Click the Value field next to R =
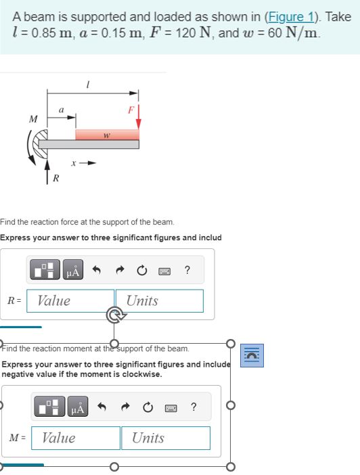[70, 301]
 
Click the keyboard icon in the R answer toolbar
[163, 272]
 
